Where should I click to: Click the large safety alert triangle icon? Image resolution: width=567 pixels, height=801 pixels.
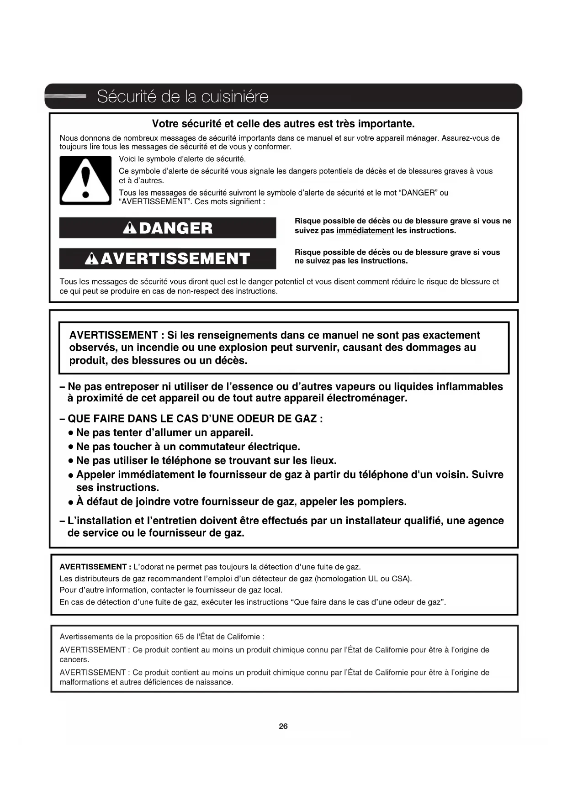coord(85,180)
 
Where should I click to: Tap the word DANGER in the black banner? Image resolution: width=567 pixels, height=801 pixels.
coord(175,228)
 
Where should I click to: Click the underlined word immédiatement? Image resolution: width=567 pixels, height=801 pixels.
coord(365,231)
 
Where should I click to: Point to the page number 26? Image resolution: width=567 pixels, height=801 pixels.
coord(283,726)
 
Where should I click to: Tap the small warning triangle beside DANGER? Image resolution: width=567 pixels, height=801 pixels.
coord(130,228)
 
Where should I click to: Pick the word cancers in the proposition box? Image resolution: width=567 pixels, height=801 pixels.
coord(74,659)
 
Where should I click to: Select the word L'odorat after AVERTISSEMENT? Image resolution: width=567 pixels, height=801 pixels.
coord(148,567)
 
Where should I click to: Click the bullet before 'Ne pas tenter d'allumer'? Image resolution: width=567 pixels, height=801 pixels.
coord(71,433)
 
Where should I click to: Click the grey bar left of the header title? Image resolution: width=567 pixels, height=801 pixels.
coord(67,96)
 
